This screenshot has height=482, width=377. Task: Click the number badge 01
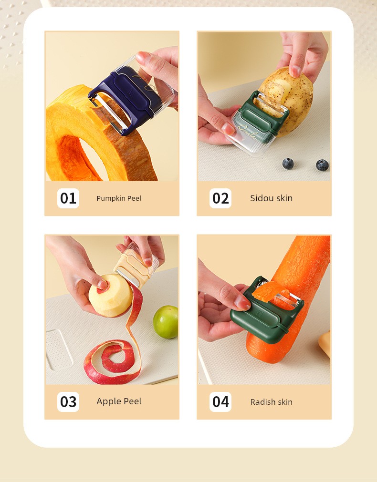coord(68,198)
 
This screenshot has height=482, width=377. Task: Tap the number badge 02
coord(220,198)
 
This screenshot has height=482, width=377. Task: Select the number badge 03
coord(68,402)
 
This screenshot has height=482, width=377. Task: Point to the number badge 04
coord(220,402)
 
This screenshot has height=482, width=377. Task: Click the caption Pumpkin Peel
coord(119,198)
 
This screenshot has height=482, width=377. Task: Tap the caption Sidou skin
coord(271,198)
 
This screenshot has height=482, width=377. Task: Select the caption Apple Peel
coord(119,401)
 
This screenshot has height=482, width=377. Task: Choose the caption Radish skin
coord(271,402)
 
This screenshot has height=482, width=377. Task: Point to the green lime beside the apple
coord(166,322)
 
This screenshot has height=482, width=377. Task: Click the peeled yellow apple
coord(110,296)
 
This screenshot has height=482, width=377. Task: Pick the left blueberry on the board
coord(288,164)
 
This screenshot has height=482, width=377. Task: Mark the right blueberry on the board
coord(322,165)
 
